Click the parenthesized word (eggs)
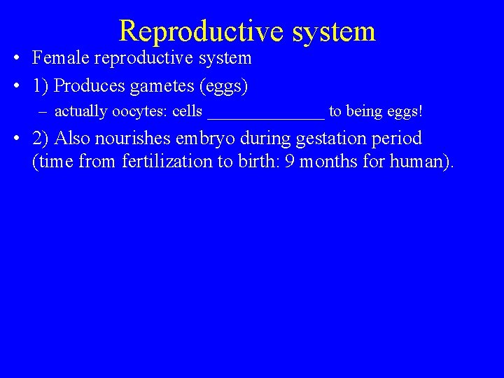(223, 86)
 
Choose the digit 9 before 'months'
(289, 162)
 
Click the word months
(329, 162)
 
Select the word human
(419, 162)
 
